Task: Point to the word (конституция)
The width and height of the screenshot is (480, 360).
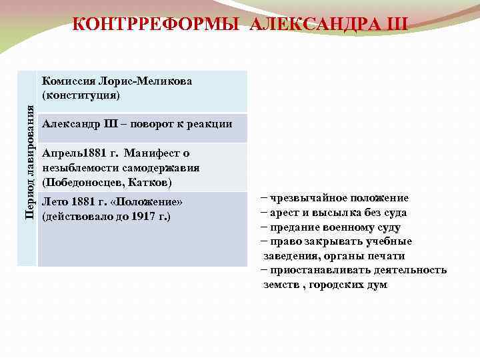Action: [81, 95]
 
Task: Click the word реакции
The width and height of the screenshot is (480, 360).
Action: [211, 123]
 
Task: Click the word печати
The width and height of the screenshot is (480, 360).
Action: [389, 256]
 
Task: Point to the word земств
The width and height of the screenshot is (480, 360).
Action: [279, 285]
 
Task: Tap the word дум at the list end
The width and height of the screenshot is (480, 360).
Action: [377, 285]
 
